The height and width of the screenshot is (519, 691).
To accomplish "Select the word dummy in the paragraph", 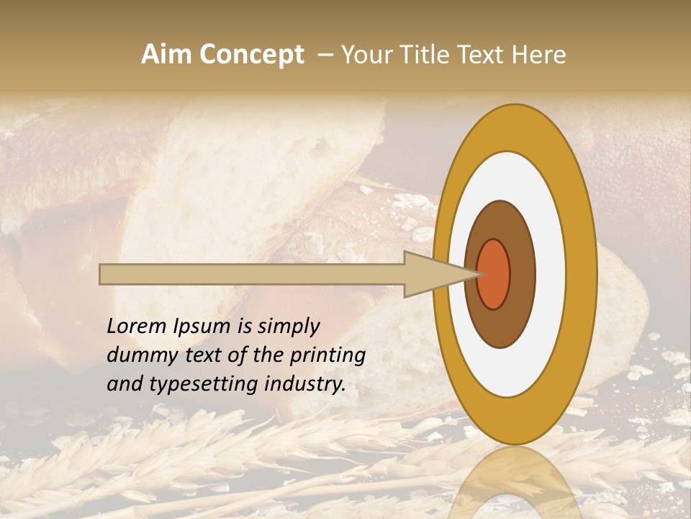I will tap(137, 355).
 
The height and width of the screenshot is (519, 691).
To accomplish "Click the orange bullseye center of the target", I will tap(494, 274).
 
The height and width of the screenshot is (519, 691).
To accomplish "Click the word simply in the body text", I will tap(287, 327).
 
